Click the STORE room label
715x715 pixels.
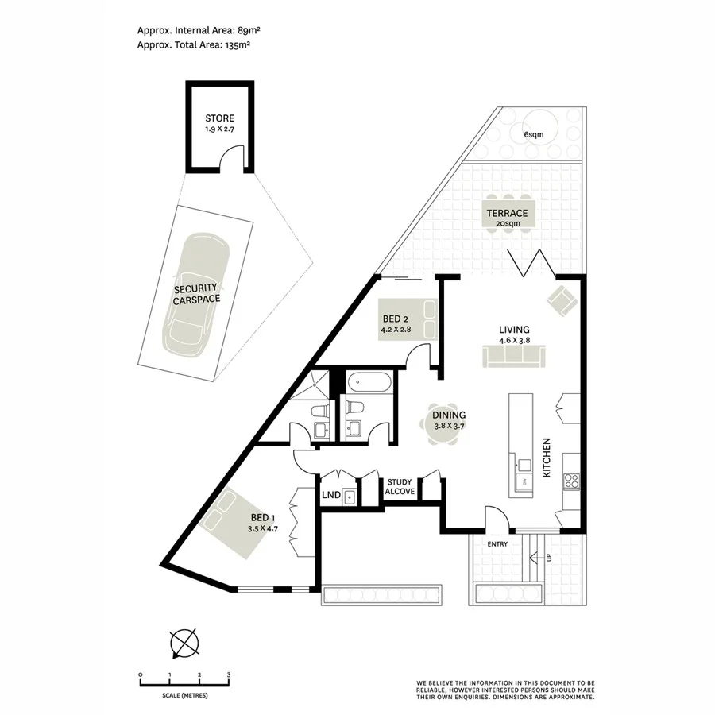click(219, 118)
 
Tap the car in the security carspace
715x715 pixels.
click(197, 295)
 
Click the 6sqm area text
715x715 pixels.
click(534, 134)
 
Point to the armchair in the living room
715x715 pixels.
click(561, 300)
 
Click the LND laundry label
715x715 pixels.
click(331, 495)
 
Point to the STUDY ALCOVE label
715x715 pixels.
click(400, 487)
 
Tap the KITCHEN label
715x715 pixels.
click(547, 457)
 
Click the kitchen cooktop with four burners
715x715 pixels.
click(571, 480)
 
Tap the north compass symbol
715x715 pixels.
click(184, 643)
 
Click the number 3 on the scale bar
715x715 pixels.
click(229, 674)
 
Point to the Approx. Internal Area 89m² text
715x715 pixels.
click(199, 30)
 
